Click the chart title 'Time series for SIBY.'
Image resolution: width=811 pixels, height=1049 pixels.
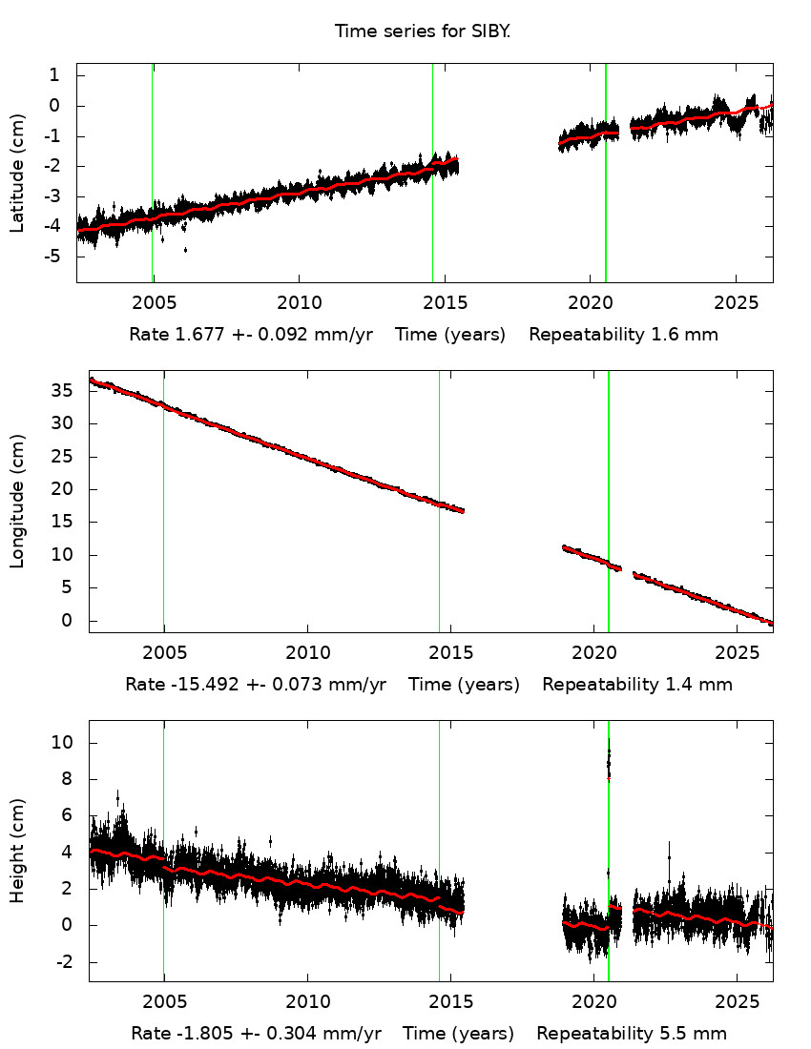coord(423,31)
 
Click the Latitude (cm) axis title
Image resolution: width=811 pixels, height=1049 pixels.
coord(17,173)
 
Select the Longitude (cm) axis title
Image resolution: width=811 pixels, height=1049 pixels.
coord(17,501)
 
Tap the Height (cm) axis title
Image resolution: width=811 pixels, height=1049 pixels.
coord(17,852)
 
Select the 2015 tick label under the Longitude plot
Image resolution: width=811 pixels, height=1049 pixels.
coord(452,653)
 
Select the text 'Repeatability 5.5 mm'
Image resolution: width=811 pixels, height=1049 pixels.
coord(632,1034)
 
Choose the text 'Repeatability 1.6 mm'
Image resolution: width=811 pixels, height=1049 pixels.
coord(624,335)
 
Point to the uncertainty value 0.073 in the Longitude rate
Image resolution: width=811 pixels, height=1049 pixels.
coord(321,685)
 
